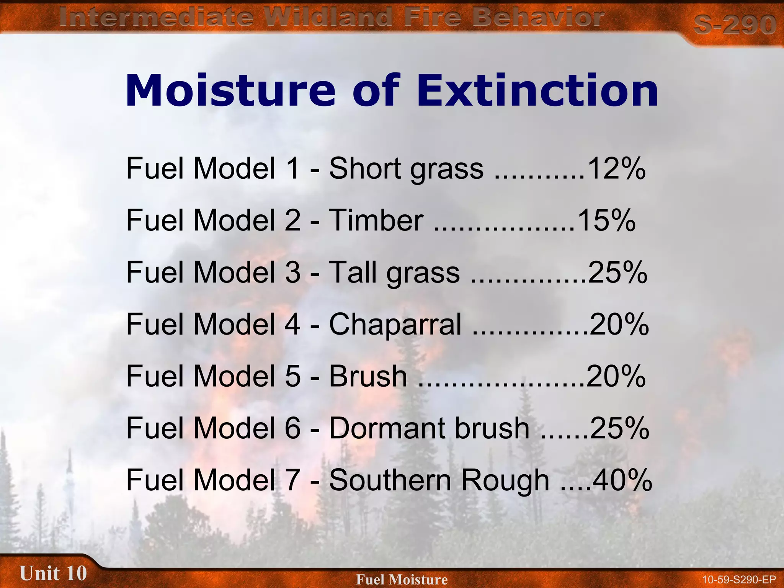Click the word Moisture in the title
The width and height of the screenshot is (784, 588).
pos(230,91)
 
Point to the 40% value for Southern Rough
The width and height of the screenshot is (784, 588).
pos(622,480)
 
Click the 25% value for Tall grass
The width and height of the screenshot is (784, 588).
pos(617,273)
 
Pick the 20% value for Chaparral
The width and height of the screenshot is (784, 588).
pos(619,325)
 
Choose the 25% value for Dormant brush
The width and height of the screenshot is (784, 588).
pos(619,428)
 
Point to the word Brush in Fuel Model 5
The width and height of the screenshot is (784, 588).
pos(368,376)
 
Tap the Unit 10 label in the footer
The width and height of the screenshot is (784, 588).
pos(53,573)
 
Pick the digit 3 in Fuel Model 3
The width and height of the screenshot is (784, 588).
pos(292,273)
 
